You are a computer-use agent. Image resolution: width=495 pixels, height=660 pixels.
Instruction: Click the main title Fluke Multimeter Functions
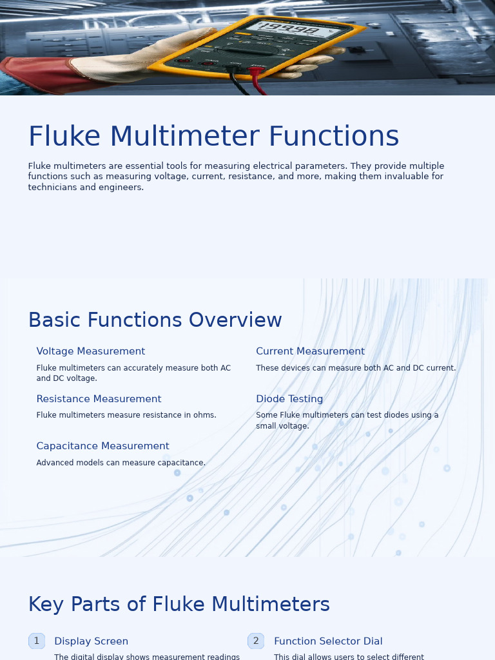[x=213, y=137]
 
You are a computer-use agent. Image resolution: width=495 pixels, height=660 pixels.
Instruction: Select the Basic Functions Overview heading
[x=155, y=320]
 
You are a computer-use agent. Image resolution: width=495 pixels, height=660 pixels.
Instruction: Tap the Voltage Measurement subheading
[x=90, y=351]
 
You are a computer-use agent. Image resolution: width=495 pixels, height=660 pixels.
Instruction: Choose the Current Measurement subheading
[x=310, y=351]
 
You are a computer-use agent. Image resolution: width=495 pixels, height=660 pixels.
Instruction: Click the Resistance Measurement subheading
[x=99, y=399]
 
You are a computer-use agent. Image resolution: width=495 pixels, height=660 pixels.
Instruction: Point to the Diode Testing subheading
[x=289, y=399]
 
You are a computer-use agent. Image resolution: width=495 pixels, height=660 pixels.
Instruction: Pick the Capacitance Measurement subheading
[x=102, y=446]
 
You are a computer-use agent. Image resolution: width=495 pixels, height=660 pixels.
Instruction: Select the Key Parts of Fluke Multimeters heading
[x=179, y=605]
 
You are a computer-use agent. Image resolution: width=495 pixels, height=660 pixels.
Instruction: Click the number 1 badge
[x=37, y=641]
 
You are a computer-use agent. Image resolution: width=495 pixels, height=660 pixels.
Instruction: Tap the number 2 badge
[x=256, y=641]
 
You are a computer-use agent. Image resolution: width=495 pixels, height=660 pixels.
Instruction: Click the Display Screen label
[x=91, y=641]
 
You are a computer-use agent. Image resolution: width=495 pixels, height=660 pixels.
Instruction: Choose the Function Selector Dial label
[x=328, y=641]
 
